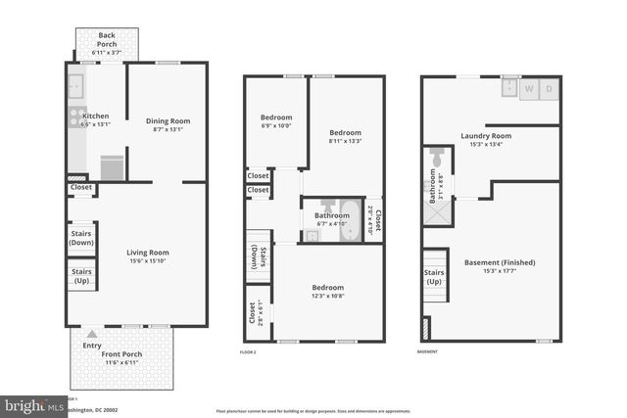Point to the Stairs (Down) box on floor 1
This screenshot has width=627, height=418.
tap(81, 239)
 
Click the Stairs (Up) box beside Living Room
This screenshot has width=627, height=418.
tap(81, 276)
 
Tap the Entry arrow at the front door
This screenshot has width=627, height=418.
tap(92, 333)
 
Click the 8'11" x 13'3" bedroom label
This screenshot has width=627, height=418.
tap(345, 137)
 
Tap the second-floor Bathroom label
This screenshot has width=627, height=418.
tap(332, 217)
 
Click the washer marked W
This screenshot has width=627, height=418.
tap(531, 88)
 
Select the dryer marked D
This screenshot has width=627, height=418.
tap(549, 88)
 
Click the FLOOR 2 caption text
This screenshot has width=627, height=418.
tap(248, 351)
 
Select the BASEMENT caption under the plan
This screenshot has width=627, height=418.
tap(427, 351)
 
